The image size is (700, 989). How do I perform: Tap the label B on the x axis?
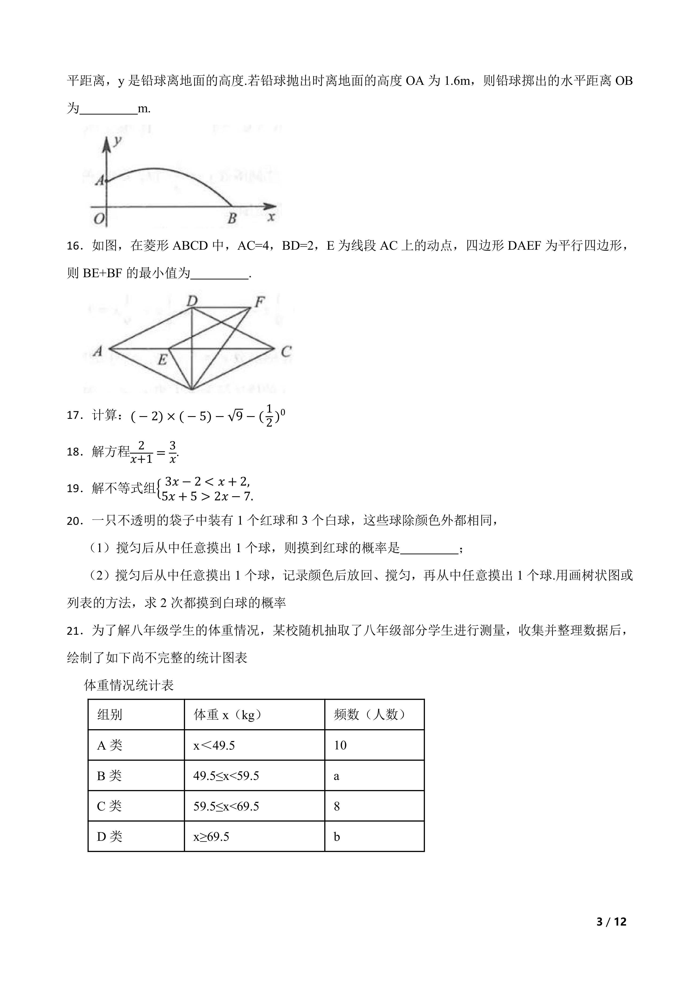pos(232,218)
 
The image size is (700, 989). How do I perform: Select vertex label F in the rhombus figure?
pos(260,302)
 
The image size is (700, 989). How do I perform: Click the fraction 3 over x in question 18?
pos(172,452)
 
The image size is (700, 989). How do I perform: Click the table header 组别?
pos(110,715)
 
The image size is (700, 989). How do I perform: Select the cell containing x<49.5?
pos(214,745)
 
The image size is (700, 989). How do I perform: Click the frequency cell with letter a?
pos(337,776)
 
